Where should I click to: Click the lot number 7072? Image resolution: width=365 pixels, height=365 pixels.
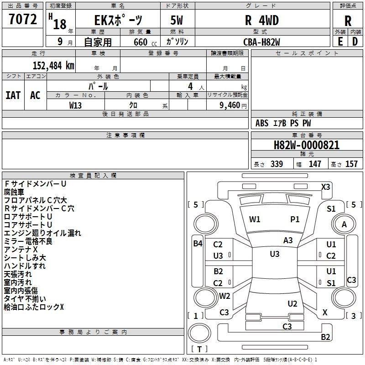pos(23,19)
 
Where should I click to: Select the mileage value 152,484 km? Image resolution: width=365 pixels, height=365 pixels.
pos(53,66)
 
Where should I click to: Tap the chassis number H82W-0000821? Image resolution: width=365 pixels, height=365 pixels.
pos(307,145)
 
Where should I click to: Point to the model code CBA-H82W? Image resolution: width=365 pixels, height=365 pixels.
pos(261,42)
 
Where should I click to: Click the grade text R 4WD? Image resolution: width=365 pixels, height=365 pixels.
pos(262,21)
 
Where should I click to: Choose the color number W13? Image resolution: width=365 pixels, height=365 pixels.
pos(75,105)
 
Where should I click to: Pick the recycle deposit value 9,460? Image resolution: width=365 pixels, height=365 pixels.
pos(230,105)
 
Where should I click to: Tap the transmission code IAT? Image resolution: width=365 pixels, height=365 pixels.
pos(13,95)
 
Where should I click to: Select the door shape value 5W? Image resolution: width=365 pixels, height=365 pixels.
pos(177,21)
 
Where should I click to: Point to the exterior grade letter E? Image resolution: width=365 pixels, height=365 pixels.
pos(340,42)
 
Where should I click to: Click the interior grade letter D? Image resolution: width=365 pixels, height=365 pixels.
pos(355,42)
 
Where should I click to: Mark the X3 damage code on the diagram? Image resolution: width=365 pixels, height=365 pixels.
pos(326,187)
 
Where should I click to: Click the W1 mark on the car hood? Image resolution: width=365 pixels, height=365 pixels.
pos(255,219)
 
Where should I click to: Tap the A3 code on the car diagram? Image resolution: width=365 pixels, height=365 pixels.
pos(288,240)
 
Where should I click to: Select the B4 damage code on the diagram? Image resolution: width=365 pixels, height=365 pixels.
pos(198,244)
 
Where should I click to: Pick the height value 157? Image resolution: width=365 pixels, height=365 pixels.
pos(351,164)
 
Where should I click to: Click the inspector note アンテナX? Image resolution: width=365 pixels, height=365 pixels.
pos(21,250)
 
